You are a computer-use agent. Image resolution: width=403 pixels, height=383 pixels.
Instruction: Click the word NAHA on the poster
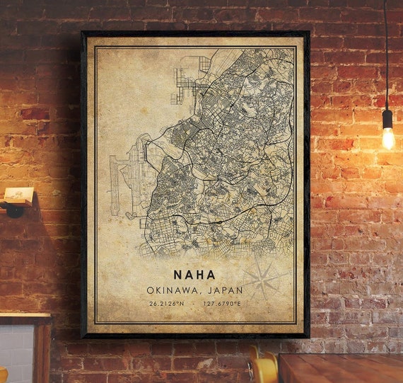[x=195, y=274]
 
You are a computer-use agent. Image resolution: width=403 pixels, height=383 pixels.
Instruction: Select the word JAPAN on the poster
[x=224, y=290]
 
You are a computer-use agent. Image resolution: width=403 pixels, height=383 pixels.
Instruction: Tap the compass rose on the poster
[x=263, y=277]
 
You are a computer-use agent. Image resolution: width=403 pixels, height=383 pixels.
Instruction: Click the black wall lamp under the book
[x=14, y=210]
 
